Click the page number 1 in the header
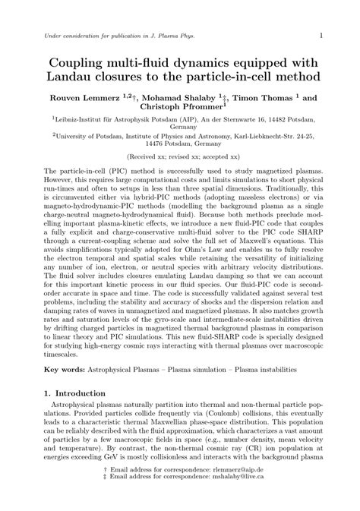point(321,35)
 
